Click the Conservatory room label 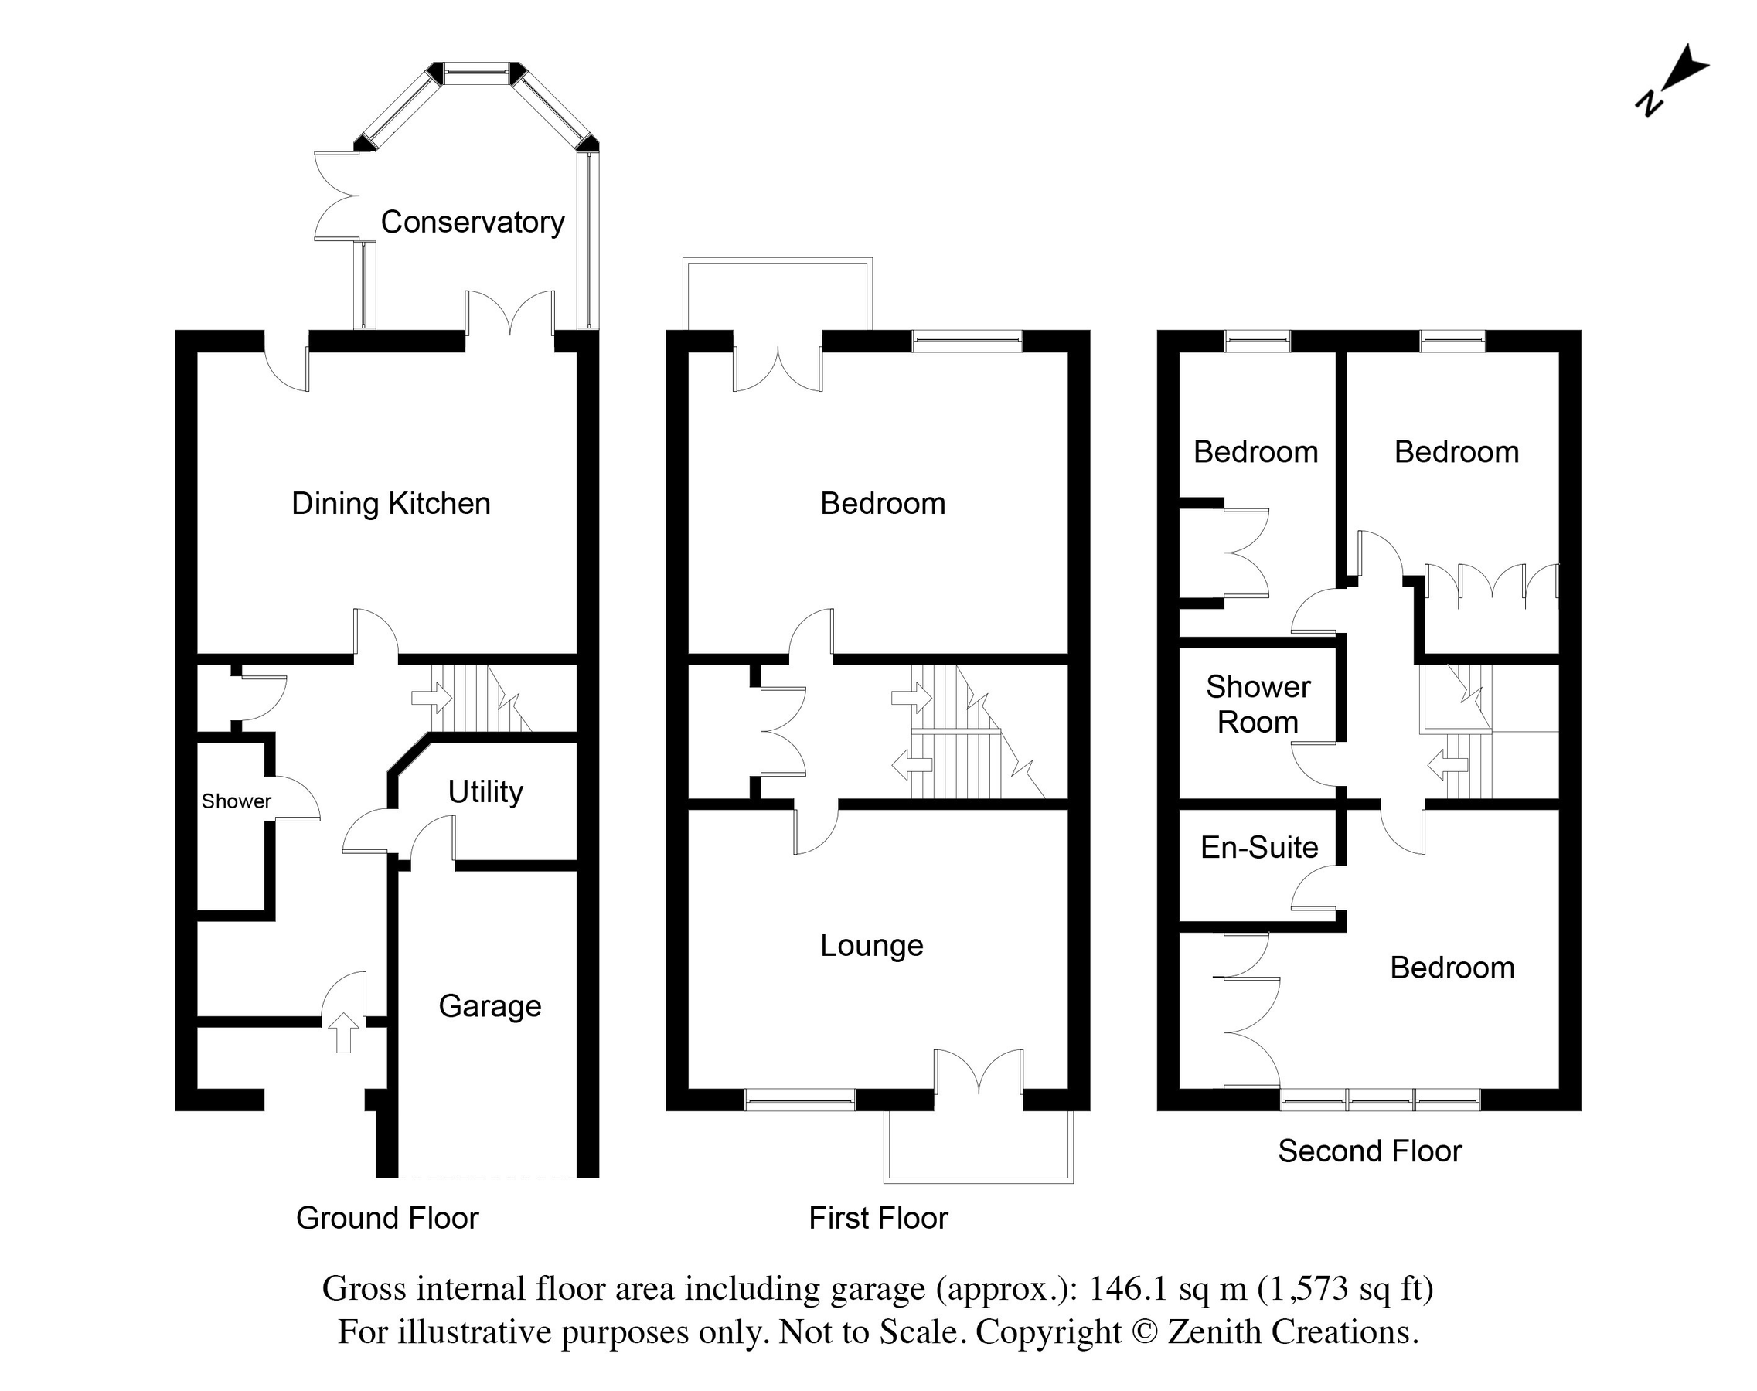472,222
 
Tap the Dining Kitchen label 390,503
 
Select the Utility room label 485,791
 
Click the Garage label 489,1006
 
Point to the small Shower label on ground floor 237,801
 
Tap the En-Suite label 1258,848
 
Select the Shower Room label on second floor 1258,705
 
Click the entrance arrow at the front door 343,1032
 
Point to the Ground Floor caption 387,1219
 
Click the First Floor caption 878,1219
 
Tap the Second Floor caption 1369,1151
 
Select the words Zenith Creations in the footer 1292,1332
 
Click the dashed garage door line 487,1177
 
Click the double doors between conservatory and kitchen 510,315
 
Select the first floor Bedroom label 882,503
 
